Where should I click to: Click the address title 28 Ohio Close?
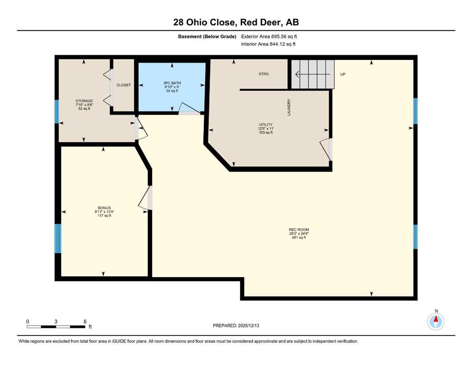[x=203, y=22]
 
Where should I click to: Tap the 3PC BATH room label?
[x=172, y=83]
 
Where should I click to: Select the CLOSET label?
[x=124, y=85]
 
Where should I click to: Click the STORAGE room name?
[x=84, y=101]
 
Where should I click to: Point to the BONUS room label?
[x=105, y=208]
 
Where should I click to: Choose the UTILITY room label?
[x=266, y=125]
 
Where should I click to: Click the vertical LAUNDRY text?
[x=289, y=107]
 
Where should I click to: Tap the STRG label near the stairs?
[x=264, y=74]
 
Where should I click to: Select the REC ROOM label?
[x=299, y=230]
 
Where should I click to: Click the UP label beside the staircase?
[x=343, y=74]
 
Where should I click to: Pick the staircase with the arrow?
[x=313, y=74]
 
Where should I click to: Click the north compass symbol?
[x=436, y=322]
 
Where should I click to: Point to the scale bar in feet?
[x=56, y=327]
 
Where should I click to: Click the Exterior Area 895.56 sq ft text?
[x=269, y=37]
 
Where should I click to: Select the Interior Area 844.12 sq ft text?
[x=268, y=44]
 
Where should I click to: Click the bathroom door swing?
[x=189, y=108]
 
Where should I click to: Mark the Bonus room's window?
[x=58, y=238]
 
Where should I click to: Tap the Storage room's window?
[x=57, y=112]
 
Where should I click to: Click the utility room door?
[x=326, y=149]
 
